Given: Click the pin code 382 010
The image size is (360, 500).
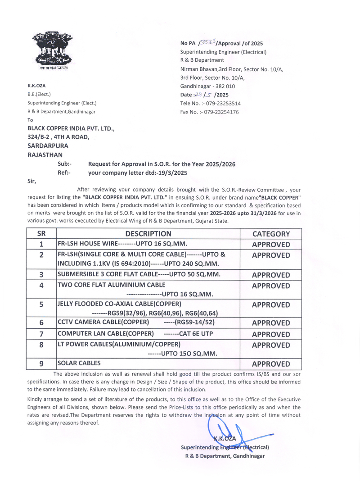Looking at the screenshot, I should point(223,86).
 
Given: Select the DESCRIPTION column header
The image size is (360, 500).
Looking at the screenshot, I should point(148,234).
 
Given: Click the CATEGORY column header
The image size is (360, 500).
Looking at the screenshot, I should point(271,234).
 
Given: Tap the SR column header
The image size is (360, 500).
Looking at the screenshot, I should point(41,234).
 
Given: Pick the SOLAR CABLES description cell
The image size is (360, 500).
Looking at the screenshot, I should point(79,363).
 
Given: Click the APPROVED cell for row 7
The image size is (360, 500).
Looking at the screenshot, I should point(271,335).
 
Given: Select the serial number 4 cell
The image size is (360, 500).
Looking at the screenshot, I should point(41,285).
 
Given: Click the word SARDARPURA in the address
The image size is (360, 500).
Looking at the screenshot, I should point(48,146).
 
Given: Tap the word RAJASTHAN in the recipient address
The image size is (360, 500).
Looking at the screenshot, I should point(45,155).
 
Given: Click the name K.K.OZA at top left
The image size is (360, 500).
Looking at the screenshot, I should point(36,86).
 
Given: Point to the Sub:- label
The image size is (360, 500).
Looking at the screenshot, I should point(64,164).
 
